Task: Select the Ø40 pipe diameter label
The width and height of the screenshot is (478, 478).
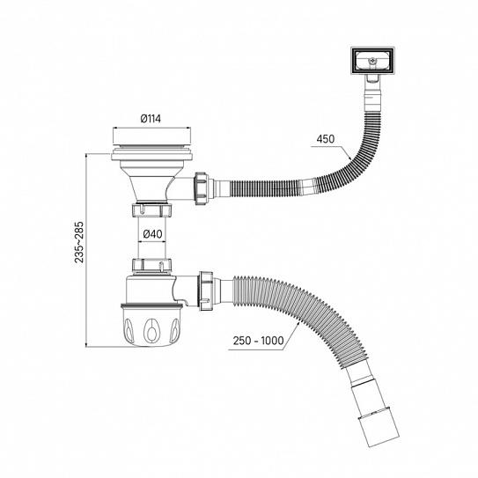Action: click(x=151, y=233)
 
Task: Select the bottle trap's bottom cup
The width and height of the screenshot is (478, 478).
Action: click(x=147, y=327)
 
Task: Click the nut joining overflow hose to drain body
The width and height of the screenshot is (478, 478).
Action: click(x=201, y=187)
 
